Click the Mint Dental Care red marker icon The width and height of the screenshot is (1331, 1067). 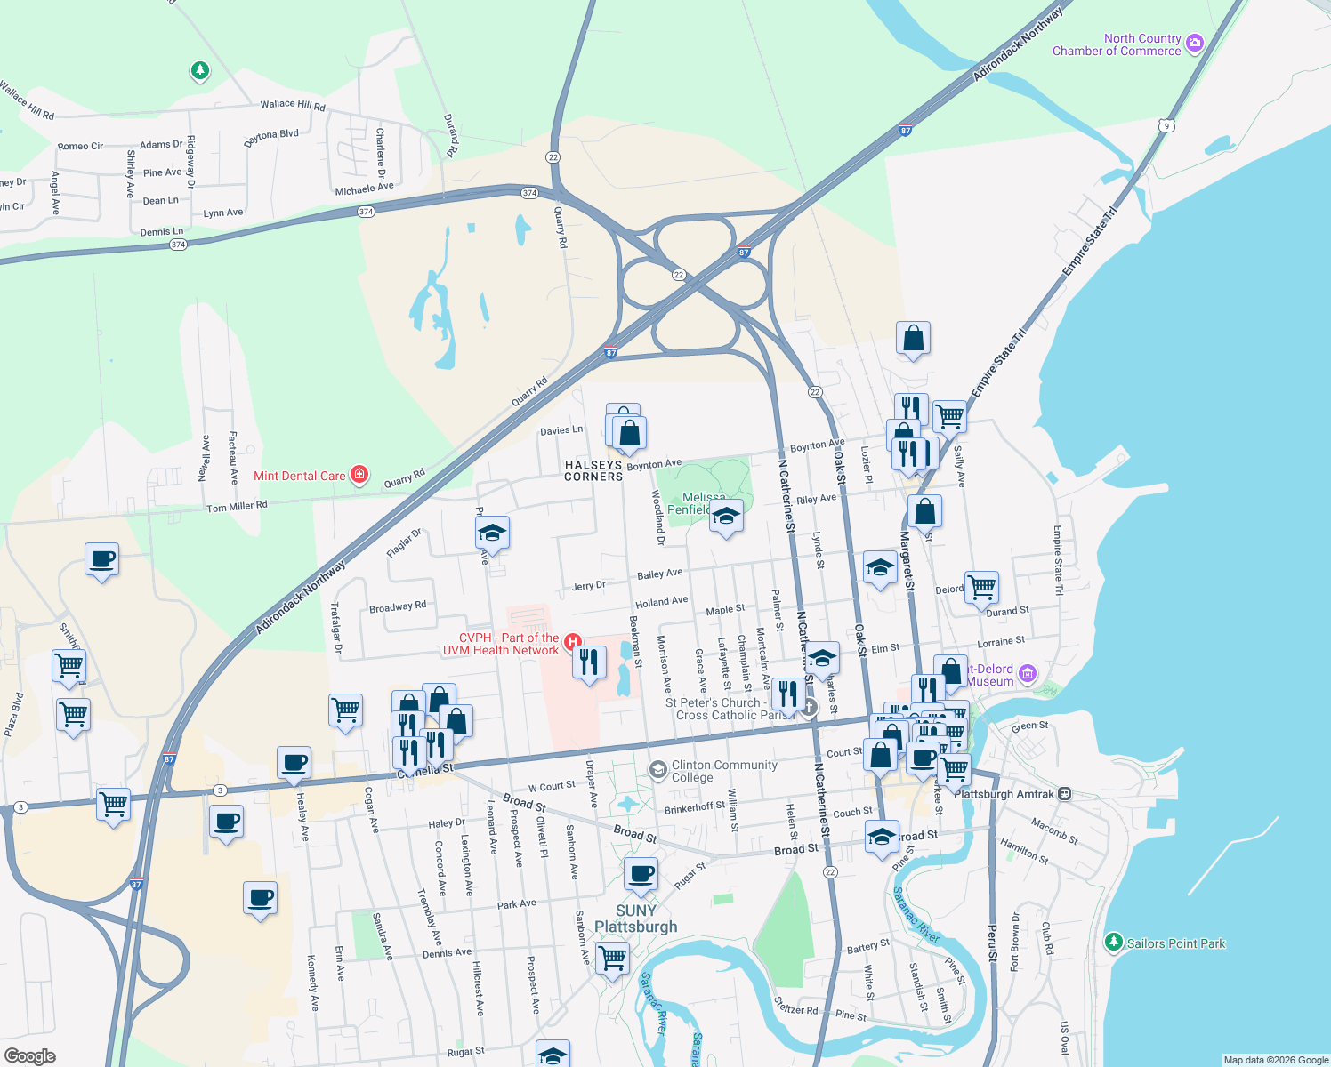click(359, 475)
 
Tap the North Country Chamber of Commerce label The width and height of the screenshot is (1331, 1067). click(1117, 44)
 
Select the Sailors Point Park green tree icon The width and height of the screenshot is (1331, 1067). click(1113, 943)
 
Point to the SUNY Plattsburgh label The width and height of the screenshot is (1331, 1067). click(635, 919)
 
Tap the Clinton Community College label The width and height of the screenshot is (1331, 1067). click(724, 771)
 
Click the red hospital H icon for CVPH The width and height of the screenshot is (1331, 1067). click(574, 641)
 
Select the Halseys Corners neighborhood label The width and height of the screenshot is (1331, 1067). click(593, 470)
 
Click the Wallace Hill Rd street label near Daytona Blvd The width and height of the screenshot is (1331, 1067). click(293, 105)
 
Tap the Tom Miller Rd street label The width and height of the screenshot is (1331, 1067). click(237, 507)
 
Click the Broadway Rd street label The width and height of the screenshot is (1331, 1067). click(398, 607)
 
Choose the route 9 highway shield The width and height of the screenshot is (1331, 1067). click(1166, 126)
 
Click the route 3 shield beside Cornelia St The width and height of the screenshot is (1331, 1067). click(220, 790)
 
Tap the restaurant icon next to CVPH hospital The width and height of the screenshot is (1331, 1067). click(588, 662)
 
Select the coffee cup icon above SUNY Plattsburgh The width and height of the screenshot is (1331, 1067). click(641, 874)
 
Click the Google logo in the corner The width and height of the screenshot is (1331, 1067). click(30, 1055)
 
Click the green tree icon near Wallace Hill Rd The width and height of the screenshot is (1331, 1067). click(200, 70)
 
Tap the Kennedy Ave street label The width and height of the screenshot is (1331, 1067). click(312, 983)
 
